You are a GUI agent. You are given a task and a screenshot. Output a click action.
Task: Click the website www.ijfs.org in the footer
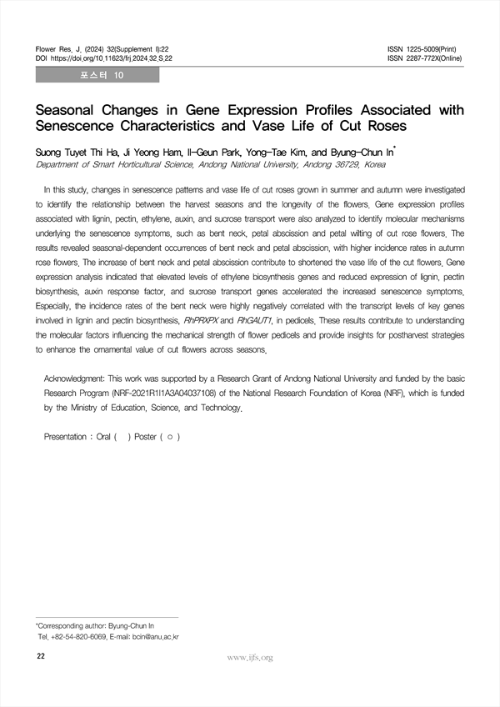[x=250, y=658]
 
